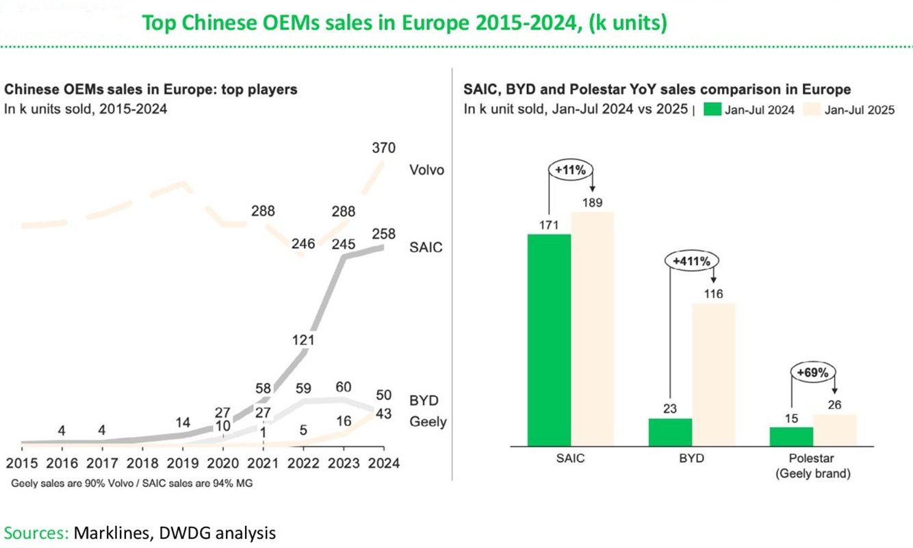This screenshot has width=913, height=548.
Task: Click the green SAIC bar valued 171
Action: pos(549,340)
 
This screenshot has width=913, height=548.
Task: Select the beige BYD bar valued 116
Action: pos(712,374)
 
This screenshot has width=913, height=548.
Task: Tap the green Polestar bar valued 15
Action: pos(791,436)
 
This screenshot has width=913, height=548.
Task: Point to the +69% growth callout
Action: pos(812,373)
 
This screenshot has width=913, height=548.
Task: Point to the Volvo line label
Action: pos(426,169)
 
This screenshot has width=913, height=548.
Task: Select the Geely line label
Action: pos(428,422)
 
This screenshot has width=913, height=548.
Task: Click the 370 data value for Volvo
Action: pos(383,148)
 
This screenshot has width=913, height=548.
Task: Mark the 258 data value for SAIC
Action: pos(383,234)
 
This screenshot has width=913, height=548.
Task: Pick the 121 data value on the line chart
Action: pos(303,340)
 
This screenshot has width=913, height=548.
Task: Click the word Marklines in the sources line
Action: pos(109,532)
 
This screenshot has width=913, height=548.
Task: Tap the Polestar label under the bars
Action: pos(812,458)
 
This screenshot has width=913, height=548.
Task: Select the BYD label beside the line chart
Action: pos(424,401)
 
